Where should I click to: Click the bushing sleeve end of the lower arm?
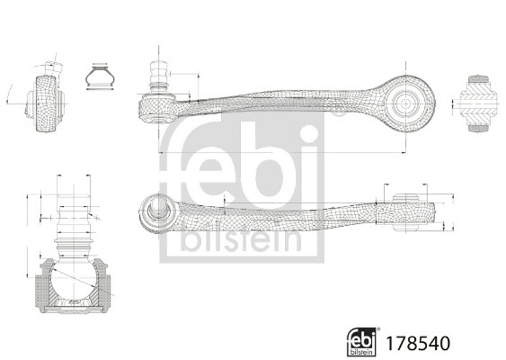(x=409, y=213)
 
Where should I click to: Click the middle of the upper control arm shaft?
(x=279, y=101)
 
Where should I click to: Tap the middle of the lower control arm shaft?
(x=279, y=212)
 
